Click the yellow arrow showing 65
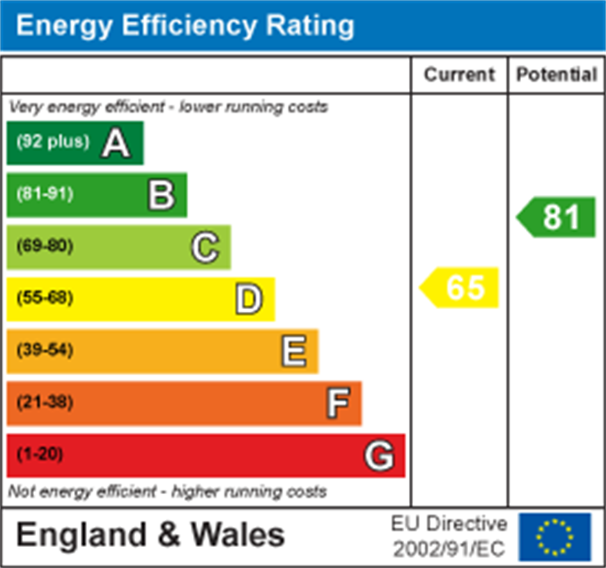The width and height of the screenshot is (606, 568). pyautogui.click(x=460, y=287)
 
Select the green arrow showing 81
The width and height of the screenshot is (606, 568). pyautogui.click(x=557, y=217)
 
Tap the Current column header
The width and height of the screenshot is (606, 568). pyautogui.click(x=459, y=74)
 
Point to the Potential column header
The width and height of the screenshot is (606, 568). pyautogui.click(x=557, y=74)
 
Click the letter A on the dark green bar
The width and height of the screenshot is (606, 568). pyautogui.click(x=116, y=143)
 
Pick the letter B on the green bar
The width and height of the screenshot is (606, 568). pyautogui.click(x=161, y=196)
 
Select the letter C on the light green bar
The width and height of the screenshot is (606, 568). pyautogui.click(x=205, y=248)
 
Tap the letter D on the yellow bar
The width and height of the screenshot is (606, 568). pyautogui.click(x=249, y=300)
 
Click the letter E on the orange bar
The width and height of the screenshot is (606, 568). pyautogui.click(x=293, y=352)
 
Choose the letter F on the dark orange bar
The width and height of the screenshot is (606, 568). pyautogui.click(x=338, y=404)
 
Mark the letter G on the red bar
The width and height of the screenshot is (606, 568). pyautogui.click(x=380, y=457)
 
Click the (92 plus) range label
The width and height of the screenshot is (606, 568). pyautogui.click(x=53, y=142)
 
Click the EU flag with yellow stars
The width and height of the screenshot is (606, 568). pyautogui.click(x=554, y=537)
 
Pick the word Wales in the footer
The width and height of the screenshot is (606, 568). pyautogui.click(x=238, y=535)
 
